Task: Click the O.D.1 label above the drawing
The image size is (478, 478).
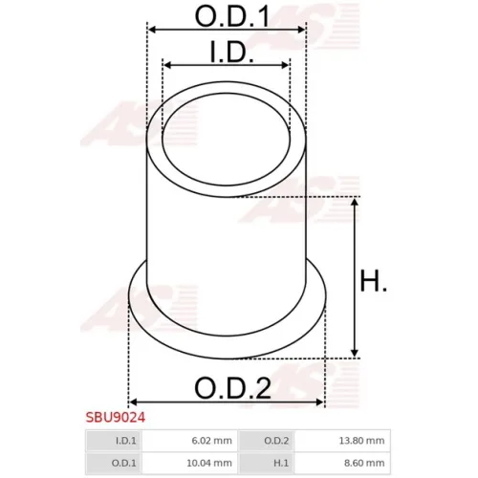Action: pyautogui.click(x=232, y=16)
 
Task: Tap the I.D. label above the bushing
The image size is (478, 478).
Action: pyautogui.click(x=232, y=52)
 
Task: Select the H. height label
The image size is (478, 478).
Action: pyautogui.click(x=374, y=281)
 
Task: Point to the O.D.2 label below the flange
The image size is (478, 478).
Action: pyautogui.click(x=232, y=388)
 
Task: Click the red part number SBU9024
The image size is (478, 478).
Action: pyautogui.click(x=116, y=418)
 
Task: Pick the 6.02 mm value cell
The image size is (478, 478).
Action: pyautogui.click(x=190, y=441)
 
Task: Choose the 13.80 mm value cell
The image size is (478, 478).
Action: pyautogui.click(x=342, y=441)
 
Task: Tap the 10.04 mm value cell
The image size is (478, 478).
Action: pyautogui.click(x=190, y=463)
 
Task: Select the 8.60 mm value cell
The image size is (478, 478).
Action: pyautogui.click(x=342, y=463)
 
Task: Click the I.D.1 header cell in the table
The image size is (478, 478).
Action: pyautogui.click(x=114, y=441)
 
